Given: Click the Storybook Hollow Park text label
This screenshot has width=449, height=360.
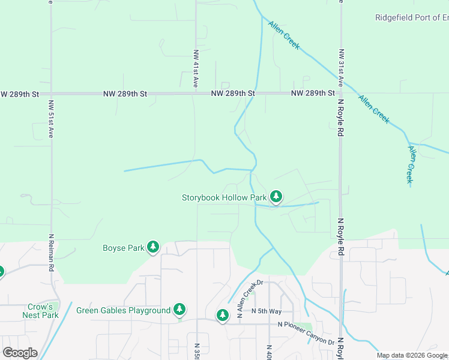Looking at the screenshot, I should point(224,197).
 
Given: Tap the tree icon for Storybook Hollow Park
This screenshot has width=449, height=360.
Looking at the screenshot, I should point(276,196).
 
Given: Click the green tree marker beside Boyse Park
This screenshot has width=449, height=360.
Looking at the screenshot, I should point(153,247).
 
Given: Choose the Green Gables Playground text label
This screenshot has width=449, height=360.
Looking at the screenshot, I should point(123,310).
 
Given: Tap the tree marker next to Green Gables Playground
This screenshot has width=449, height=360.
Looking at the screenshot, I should point(179,310).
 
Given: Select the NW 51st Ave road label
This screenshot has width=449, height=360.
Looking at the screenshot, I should point(51,117).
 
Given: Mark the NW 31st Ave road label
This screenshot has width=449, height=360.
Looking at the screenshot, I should point(341,68).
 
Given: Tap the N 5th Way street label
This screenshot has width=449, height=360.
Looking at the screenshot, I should point(267,311).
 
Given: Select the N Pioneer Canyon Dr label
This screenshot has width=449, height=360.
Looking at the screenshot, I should point(306,333).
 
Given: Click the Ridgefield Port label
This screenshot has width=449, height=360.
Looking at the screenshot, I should point(411,17).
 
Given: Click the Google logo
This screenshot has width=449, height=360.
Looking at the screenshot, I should point(19,353).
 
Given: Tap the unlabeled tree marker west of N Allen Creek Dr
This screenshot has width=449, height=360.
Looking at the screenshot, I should point(223,315).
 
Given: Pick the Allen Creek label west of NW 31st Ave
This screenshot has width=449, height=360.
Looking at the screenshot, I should point(284,35).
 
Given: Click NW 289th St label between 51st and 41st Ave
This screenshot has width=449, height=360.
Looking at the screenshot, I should point(125,94).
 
